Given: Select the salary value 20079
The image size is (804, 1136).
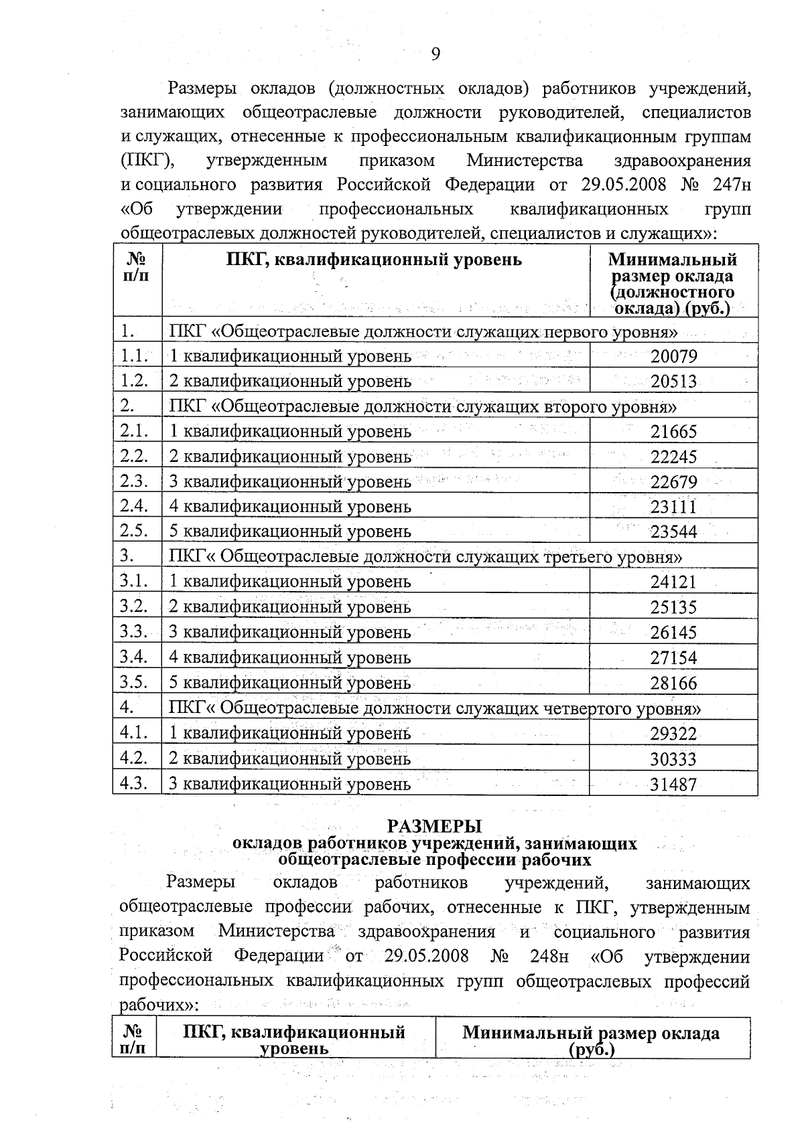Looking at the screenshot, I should tap(673, 356).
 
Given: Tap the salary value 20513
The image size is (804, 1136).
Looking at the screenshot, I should tap(673, 382).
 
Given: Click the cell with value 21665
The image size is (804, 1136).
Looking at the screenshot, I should tap(673, 432).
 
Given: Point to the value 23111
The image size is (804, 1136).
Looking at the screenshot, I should tap(673, 507).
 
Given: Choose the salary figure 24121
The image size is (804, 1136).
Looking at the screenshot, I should tap(673, 582).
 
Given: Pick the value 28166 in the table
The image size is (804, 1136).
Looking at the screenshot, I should tap(673, 683).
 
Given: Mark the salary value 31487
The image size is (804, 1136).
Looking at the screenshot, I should tap(673, 785).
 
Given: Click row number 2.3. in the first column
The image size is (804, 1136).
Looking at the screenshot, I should tap(134, 481).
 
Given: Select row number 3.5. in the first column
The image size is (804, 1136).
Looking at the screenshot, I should tap(134, 682).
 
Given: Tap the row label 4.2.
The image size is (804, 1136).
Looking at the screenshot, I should tap(134, 758).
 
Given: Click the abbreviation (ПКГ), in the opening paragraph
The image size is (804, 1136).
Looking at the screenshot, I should tap(149, 161).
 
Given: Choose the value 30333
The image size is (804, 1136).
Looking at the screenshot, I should tap(673, 759).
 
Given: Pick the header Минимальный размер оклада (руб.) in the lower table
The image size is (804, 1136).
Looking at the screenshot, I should tap(591, 1041).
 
